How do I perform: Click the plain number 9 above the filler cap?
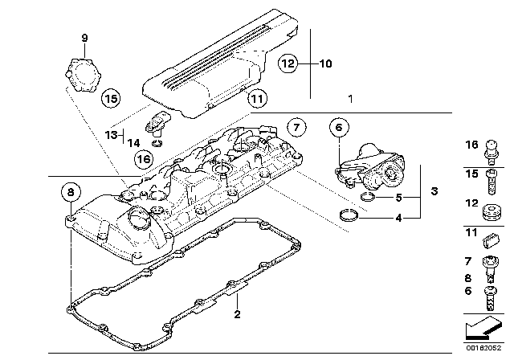coord(84,37)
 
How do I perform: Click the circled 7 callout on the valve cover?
coord(295,126)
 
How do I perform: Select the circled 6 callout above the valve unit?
coord(338,126)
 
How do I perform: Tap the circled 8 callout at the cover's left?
coord(71,191)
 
